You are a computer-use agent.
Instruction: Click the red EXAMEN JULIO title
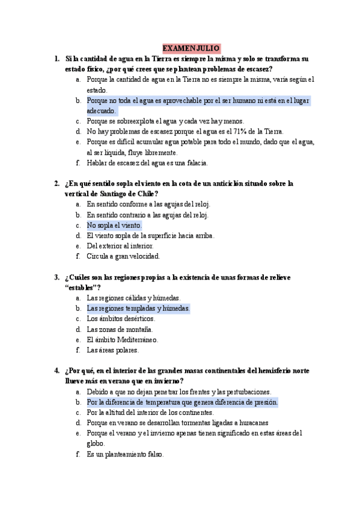191,48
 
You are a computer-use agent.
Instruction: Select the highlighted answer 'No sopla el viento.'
114,225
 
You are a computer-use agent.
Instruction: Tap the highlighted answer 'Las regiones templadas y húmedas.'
138,308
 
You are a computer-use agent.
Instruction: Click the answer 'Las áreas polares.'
113,349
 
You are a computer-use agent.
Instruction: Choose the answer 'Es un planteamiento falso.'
125,454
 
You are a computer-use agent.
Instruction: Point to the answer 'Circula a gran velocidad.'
123,256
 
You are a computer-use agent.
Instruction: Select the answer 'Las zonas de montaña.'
120,329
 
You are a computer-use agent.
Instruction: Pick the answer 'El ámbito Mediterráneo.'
122,339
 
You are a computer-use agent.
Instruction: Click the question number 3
56,277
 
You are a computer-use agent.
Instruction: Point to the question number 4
56,370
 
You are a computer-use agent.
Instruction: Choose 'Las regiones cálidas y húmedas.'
133,298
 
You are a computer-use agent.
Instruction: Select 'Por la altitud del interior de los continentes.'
150,413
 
